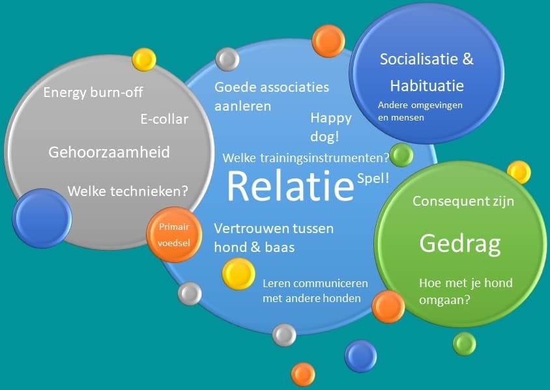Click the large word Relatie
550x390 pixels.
pos(291,186)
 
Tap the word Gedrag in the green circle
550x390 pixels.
pos(460,244)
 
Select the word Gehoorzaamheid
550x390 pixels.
pos(109,152)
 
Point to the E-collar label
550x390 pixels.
pos(164,119)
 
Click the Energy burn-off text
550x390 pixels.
pos(93,92)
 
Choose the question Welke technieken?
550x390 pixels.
pos(128,191)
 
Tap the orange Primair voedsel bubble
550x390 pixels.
pos(175,234)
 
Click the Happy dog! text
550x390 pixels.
pos(331,127)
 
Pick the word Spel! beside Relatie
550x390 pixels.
pos(373,178)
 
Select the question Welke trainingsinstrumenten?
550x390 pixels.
pos(306,158)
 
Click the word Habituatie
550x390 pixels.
pos(427,86)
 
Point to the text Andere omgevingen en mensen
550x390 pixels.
pos(420,111)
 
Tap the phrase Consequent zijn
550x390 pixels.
pos(463,201)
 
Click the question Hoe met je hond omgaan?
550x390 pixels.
pos(466,291)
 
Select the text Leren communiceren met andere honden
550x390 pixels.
pos(315,291)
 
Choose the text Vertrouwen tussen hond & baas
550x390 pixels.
pos(274,238)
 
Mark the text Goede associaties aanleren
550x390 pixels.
pos(272,96)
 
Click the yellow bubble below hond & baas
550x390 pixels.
pos(239,273)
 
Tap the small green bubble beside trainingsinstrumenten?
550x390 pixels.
pos(401,154)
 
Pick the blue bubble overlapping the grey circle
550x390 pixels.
pos(42,218)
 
